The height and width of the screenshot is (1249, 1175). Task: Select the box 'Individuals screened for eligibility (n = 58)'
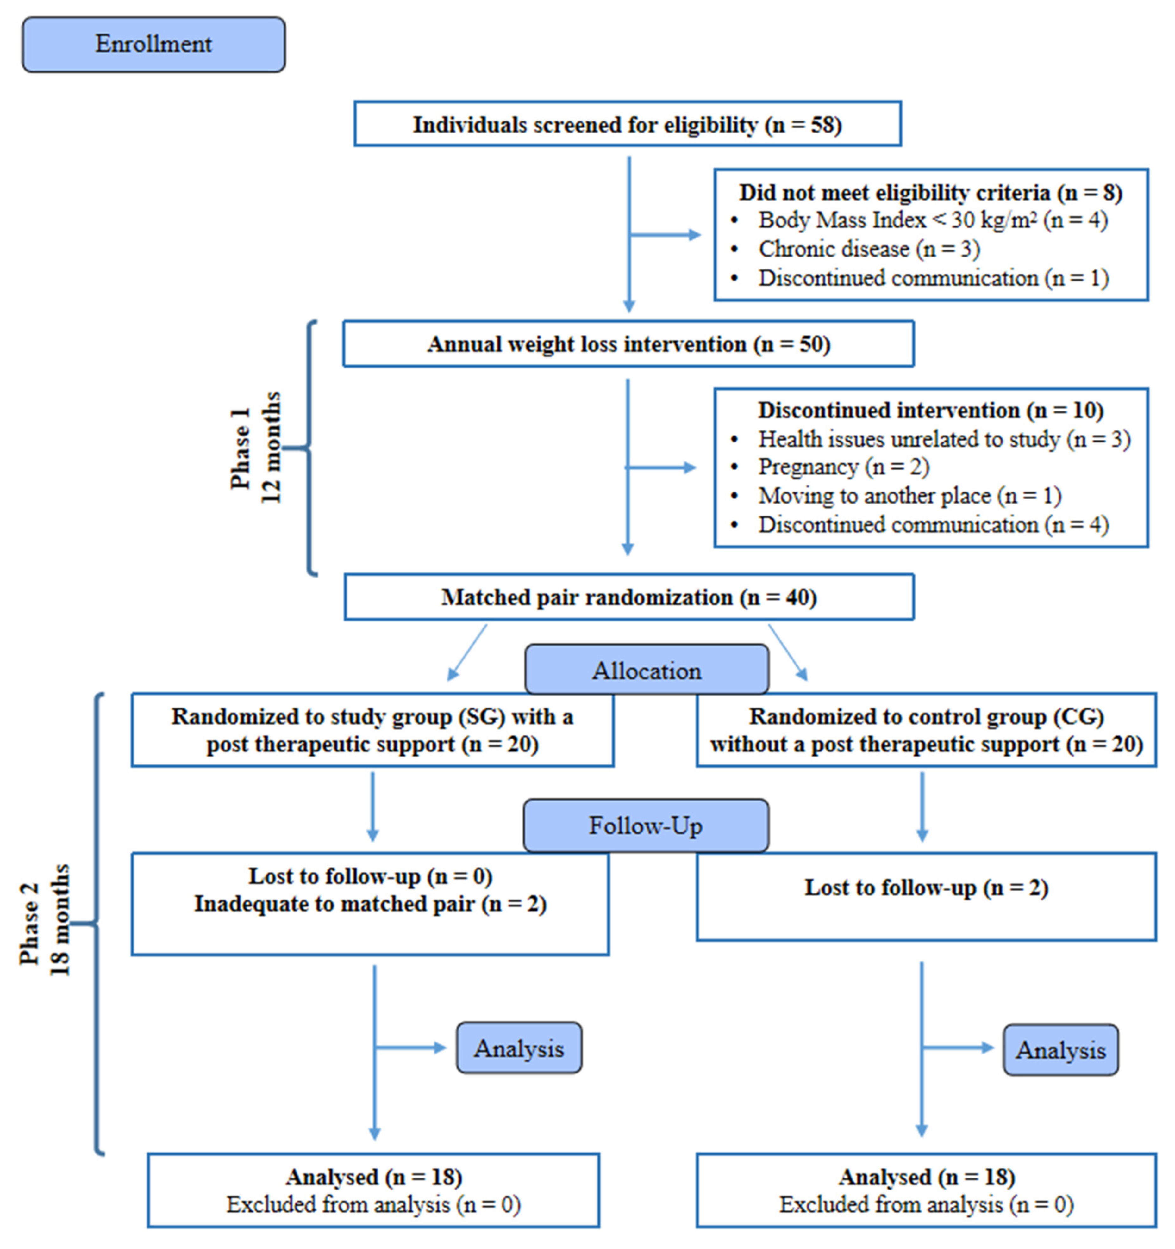pyautogui.click(x=627, y=124)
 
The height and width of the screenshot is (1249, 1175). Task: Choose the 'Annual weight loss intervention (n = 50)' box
pyautogui.click(x=628, y=344)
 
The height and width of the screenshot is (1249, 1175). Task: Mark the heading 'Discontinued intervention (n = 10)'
pyautogui.click(x=930, y=410)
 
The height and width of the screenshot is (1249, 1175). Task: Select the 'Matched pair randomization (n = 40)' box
pyautogui.click(x=628, y=597)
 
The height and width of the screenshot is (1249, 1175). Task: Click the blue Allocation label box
pyautogui.click(x=646, y=671)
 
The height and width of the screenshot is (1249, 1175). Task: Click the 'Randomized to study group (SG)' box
pyautogui.click(x=372, y=730)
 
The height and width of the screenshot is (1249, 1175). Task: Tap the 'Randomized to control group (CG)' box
pyautogui.click(x=926, y=730)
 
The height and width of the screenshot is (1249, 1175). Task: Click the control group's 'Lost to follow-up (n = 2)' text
pyautogui.click(x=926, y=888)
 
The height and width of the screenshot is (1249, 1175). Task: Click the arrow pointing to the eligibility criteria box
pyautogui.click(x=666, y=235)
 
